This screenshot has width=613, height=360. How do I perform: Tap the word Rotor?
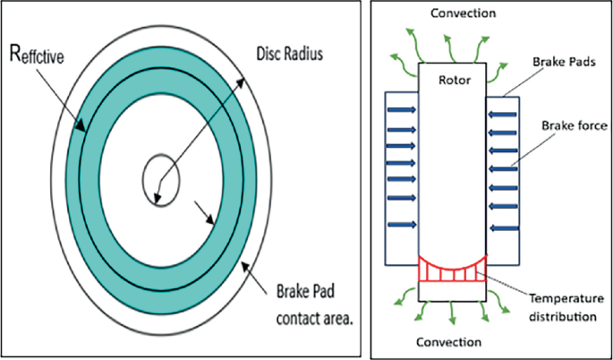point(453,80)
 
